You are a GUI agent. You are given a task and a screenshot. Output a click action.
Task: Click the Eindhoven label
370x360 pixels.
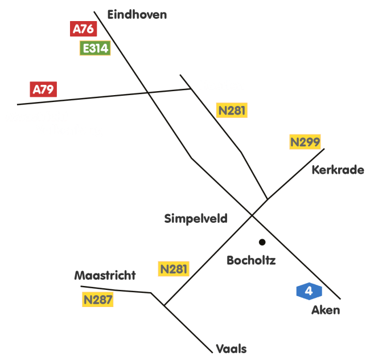(x=137, y=15)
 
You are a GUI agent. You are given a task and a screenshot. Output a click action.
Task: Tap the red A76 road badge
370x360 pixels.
(x=83, y=29)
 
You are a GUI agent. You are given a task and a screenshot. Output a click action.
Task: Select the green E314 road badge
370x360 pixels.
(x=95, y=48)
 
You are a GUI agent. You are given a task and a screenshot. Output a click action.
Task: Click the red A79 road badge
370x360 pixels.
(x=43, y=89)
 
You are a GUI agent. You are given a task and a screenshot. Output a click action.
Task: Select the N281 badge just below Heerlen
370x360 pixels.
(x=232, y=111)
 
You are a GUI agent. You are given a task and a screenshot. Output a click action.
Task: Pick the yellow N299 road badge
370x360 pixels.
(x=305, y=142)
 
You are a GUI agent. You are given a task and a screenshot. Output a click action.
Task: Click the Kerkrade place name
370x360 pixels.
(x=338, y=170)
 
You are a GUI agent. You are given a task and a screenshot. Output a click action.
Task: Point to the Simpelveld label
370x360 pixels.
(x=196, y=219)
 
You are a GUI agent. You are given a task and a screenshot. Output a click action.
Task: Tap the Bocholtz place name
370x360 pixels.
(x=251, y=261)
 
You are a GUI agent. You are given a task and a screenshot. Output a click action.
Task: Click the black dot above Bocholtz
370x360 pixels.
(x=262, y=242)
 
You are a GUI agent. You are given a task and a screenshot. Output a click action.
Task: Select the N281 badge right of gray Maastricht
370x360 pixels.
(x=174, y=269)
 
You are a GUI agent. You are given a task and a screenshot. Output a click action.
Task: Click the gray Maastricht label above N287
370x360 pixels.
(x=105, y=276)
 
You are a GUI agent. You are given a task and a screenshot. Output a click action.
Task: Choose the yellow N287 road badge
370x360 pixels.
(x=98, y=300)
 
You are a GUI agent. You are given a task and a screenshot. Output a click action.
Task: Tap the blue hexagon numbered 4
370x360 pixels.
(x=309, y=291)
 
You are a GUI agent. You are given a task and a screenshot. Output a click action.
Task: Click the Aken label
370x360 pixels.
(x=326, y=310)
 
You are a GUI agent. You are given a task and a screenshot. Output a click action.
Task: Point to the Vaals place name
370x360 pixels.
(x=231, y=349)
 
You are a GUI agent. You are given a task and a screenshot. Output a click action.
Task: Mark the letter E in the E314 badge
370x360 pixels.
(x=86, y=48)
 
